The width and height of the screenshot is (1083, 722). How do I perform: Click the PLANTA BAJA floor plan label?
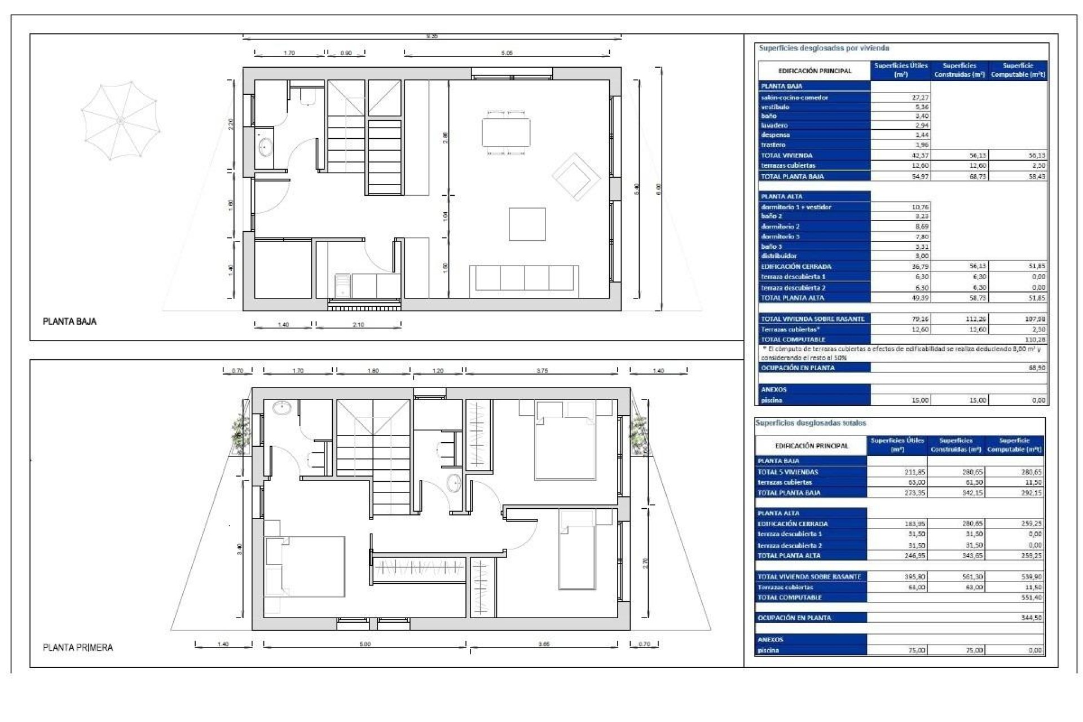pos(69,322)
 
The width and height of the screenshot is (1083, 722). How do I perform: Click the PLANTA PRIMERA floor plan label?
pos(78,648)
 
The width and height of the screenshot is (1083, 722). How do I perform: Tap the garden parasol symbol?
pos(120,121)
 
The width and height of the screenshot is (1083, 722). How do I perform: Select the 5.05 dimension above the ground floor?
pos(507,53)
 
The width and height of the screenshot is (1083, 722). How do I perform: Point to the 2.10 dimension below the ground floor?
pos(358,325)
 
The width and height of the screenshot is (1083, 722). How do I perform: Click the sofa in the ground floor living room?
pos(523,280)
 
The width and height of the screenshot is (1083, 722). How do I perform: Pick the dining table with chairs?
pos(505,132)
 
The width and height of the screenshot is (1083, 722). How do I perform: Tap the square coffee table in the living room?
pos(527,224)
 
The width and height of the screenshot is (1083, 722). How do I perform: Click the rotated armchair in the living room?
pos(575,177)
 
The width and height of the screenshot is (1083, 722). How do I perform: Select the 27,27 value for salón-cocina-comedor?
pos(920,98)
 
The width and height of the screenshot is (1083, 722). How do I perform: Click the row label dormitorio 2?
pos(780,227)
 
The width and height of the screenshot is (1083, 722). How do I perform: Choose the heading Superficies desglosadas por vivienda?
pos(824,49)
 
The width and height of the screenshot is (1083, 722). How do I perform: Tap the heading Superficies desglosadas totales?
pos(811,423)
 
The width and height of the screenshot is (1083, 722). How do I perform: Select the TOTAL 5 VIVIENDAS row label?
pos(787,472)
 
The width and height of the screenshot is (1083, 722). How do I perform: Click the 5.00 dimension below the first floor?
pos(365,644)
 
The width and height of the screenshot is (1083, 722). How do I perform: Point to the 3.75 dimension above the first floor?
pos(541,371)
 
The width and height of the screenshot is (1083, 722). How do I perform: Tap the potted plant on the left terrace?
pos(241,432)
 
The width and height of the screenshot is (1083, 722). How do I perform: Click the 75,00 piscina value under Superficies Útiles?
pos(917,650)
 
